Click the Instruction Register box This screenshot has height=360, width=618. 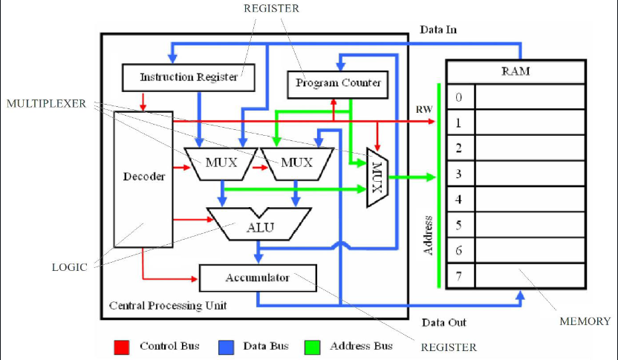tap(189, 78)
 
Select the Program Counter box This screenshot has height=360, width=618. tap(338, 85)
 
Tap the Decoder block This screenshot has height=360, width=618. tap(143, 179)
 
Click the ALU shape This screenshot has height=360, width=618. tap(259, 223)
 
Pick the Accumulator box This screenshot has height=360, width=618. tap(258, 278)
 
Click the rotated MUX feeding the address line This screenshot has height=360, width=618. tap(377, 177)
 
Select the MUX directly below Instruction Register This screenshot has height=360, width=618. tap(221, 164)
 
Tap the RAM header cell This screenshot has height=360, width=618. tap(516, 72)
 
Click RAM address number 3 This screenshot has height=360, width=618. tap(459, 174)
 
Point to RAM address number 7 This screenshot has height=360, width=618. tap(459, 276)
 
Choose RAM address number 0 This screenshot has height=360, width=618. tap(459, 97)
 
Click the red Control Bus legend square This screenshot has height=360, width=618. tap(121, 347)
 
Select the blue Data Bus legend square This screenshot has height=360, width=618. tap(227, 347)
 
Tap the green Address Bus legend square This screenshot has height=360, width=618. tap(312, 347)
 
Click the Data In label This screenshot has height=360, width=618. tap(438, 30)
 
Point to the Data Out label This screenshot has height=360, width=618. tap(443, 323)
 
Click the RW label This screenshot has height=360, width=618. tap(424, 110)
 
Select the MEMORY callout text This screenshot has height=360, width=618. tap(585, 321)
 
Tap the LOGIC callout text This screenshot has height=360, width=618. tap(69, 267)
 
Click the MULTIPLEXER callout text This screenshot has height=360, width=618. tap(46, 104)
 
